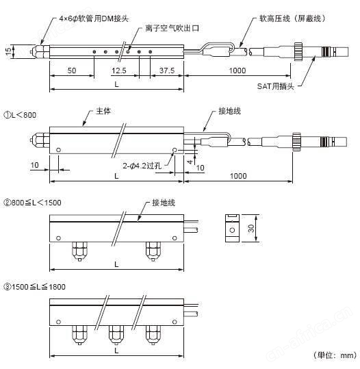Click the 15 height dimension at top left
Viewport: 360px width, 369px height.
pyautogui.click(x=8, y=51)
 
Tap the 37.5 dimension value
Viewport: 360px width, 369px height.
pyautogui.click(x=167, y=71)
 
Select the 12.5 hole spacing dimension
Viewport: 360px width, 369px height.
pyautogui.click(x=119, y=71)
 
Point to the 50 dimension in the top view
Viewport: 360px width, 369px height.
pyautogui.click(x=72, y=71)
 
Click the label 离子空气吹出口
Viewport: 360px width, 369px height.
pyautogui.click(x=172, y=28)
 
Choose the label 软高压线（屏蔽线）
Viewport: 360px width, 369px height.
pyautogui.click(x=292, y=18)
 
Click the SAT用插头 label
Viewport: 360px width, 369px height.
pyautogui.click(x=276, y=86)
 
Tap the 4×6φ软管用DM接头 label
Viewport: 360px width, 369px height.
pyautogui.click(x=94, y=18)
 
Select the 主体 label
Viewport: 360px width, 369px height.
pyautogui.click(x=103, y=111)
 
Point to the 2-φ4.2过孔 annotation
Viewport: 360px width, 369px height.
pyautogui.click(x=142, y=166)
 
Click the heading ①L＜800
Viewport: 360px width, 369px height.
pyautogui.click(x=20, y=115)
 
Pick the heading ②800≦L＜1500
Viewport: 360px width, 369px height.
pyautogui.click(x=32, y=203)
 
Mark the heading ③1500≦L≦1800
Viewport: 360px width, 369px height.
pyautogui.click(x=34, y=287)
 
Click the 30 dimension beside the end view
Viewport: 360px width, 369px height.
pyautogui.click(x=251, y=228)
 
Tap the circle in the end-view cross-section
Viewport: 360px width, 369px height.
pyautogui.click(x=232, y=230)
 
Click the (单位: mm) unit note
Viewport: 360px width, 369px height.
pyautogui.click(x=335, y=355)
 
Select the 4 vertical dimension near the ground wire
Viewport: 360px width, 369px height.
pyautogui.click(x=190, y=162)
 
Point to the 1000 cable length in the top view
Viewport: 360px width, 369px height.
pyautogui.click(x=237, y=71)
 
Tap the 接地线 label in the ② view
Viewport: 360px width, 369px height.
pyautogui.click(x=164, y=203)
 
